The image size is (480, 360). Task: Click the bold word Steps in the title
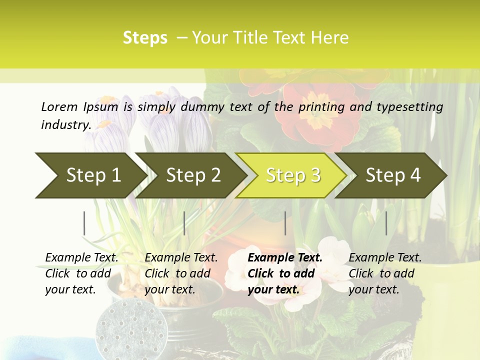(145, 38)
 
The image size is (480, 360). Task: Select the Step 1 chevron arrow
(90, 175)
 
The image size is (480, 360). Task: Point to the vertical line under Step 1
(84, 223)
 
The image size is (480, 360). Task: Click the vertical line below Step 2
(184, 223)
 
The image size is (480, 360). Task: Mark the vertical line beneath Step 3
(285, 223)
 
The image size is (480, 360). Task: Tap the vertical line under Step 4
(386, 223)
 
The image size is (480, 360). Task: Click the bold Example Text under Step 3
(285, 258)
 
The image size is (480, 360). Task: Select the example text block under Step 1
(81, 273)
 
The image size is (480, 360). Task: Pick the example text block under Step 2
(181, 273)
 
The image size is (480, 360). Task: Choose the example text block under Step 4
(385, 273)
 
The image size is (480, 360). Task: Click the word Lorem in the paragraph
(59, 107)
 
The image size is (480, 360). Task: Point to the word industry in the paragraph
(65, 125)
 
